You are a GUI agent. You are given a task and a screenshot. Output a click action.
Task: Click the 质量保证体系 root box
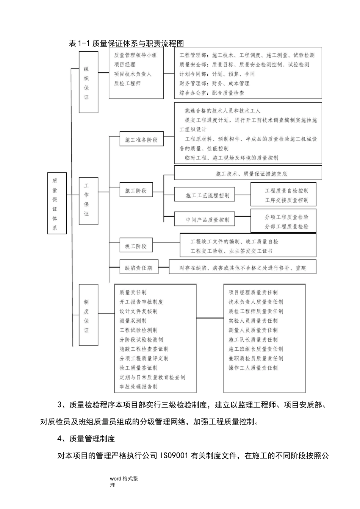57,203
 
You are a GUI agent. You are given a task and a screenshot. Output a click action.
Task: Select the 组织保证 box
88,82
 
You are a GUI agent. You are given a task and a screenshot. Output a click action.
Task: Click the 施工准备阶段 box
141,140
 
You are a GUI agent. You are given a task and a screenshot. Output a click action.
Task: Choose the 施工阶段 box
136,190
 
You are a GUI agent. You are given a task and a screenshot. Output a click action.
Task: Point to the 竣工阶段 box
136,246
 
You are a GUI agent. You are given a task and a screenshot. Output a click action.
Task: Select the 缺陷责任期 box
139,268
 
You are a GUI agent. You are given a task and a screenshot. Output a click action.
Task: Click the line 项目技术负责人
133,74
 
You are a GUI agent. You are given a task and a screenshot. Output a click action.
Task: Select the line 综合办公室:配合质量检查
212,93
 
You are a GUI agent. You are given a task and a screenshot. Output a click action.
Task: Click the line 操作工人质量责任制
253,368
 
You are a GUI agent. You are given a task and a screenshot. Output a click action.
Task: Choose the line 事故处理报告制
138,387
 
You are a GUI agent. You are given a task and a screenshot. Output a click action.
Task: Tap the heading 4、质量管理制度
86,439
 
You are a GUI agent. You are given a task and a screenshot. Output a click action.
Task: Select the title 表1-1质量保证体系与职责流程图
126,43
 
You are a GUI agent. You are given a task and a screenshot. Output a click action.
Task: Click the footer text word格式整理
124,479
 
